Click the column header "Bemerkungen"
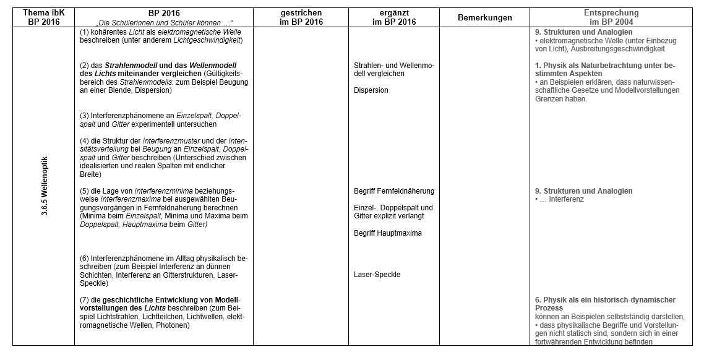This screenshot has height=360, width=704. [x=485, y=17]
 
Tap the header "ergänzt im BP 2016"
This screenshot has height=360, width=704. [x=393, y=17]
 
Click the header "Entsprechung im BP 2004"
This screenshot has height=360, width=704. [x=611, y=17]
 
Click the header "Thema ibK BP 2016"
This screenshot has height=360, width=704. [x=41, y=17]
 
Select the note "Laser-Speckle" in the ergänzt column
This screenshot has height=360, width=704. [x=377, y=275]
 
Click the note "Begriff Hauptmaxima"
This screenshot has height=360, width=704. [x=388, y=233]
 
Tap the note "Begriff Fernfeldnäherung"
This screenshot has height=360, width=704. [x=394, y=191]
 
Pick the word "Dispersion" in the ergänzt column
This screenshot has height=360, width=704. [x=371, y=90]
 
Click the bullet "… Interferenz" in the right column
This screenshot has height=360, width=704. [x=559, y=199]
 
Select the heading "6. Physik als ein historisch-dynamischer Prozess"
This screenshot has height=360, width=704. [x=605, y=304]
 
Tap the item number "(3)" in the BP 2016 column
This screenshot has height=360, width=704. [x=85, y=116]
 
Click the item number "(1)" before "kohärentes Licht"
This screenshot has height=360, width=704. [x=85, y=32]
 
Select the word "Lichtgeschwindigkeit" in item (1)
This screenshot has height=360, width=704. [x=207, y=40]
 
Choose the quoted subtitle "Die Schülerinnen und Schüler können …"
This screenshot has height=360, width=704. [x=164, y=22]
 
